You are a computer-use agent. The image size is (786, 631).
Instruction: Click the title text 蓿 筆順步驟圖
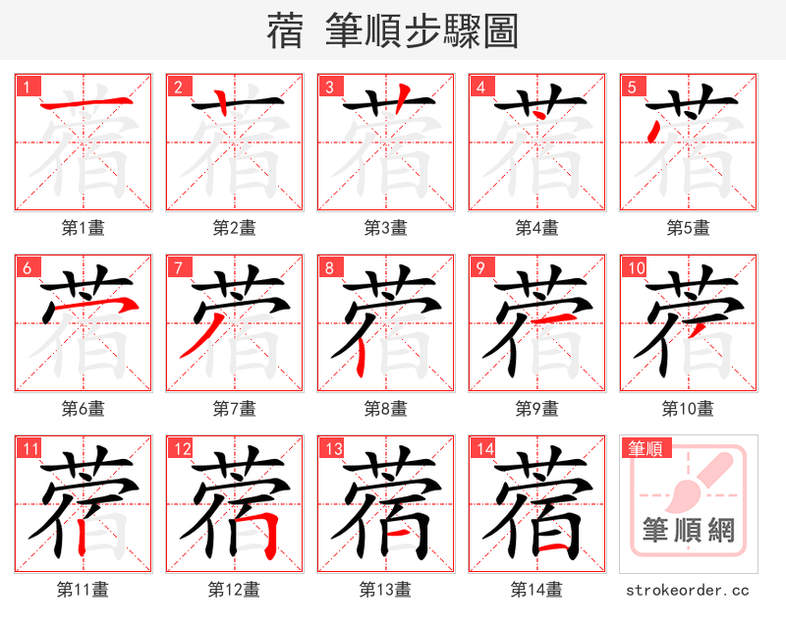(392, 31)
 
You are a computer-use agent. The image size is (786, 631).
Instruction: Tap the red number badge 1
(27, 87)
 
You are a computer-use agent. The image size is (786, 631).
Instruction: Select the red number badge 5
(632, 87)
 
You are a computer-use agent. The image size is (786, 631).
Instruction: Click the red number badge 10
(636, 268)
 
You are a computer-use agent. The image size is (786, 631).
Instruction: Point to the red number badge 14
(484, 449)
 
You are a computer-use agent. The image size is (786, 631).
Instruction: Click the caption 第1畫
(84, 228)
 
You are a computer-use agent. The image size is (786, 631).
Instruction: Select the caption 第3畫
(386, 228)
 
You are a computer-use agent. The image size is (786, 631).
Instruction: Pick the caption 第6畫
(84, 408)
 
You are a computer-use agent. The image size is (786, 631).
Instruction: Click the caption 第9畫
(537, 408)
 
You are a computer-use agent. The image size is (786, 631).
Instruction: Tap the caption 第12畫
(235, 589)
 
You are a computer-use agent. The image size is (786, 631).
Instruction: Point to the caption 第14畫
(537, 589)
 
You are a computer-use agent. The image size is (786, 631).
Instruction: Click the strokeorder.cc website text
(688, 590)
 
